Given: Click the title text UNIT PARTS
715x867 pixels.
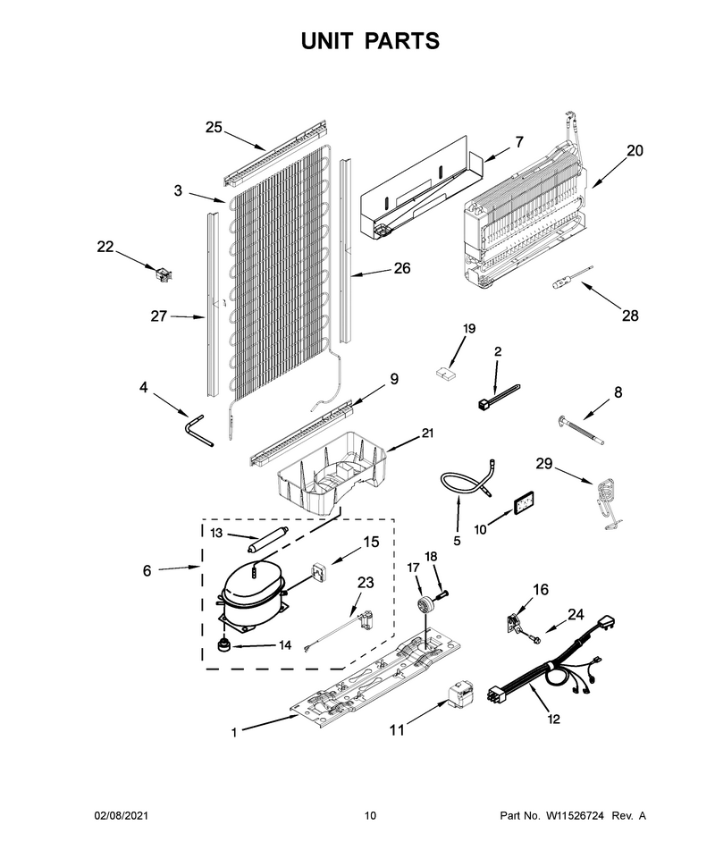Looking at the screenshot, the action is (x=370, y=41).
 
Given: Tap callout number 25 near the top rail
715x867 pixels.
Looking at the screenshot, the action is (x=214, y=127).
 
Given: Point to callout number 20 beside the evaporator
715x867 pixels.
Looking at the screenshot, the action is (x=635, y=150).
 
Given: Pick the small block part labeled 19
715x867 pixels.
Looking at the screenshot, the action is (x=446, y=374).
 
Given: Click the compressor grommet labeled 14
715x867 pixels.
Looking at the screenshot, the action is (x=223, y=644).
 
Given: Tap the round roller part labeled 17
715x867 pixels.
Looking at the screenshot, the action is (x=426, y=602).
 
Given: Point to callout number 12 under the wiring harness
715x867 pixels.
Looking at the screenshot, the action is (x=553, y=719).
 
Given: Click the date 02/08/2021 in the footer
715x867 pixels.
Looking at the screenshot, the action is (x=121, y=815).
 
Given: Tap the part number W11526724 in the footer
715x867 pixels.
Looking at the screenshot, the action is (x=575, y=815).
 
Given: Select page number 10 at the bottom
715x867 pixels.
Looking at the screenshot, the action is (x=370, y=815).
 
